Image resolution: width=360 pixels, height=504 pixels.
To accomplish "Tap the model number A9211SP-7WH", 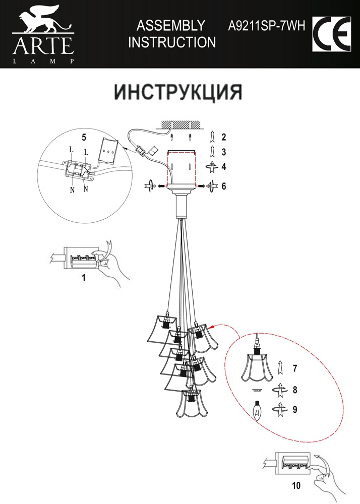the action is click(266, 25).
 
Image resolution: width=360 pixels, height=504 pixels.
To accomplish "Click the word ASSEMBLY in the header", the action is click(171, 25).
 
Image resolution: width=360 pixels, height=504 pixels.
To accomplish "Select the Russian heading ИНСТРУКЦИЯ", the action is click(178, 92).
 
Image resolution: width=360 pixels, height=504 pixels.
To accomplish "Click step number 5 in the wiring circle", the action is click(84, 137).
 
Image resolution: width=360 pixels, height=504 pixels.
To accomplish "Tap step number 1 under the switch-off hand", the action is click(84, 277).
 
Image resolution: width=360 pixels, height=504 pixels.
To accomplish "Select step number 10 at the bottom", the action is click(296, 485).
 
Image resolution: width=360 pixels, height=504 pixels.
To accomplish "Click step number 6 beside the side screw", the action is click(224, 186).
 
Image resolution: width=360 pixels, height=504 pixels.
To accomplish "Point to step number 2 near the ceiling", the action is click(224, 137).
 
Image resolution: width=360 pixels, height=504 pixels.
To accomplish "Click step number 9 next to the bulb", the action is click(295, 409).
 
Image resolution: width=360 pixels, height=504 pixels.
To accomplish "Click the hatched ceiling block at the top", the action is click(182, 124).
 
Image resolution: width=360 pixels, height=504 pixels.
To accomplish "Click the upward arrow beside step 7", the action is click(280, 368).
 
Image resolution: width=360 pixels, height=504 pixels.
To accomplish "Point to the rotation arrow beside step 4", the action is click(212, 166).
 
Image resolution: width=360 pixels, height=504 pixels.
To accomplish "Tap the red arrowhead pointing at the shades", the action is click(211, 327).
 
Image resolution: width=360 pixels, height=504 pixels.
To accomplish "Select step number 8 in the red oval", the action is click(295, 390).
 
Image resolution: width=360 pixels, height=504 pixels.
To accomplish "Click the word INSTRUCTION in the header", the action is click(172, 42).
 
